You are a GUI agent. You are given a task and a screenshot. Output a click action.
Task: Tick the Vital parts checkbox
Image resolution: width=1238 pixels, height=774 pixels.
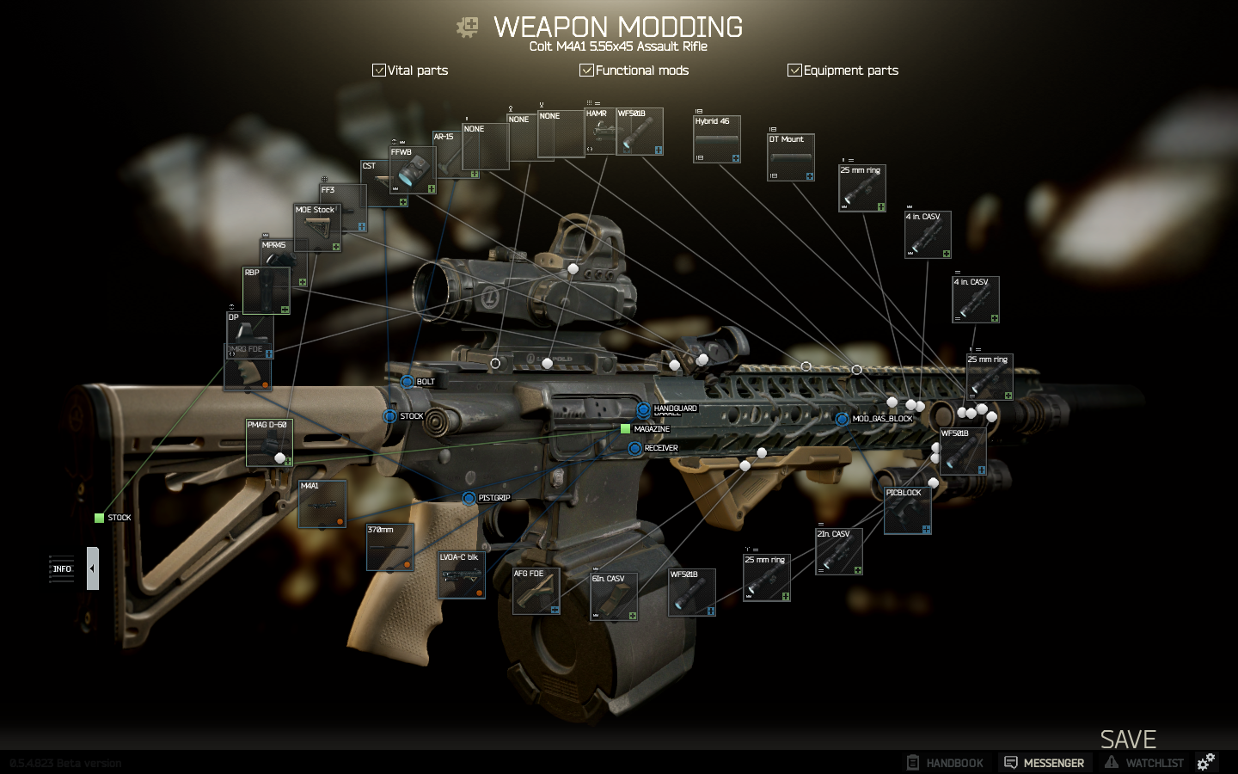point(378,71)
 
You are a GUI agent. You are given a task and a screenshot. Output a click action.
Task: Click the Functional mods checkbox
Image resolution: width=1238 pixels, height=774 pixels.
point(586,71)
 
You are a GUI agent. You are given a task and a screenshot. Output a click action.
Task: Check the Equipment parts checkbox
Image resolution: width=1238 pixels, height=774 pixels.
point(794,71)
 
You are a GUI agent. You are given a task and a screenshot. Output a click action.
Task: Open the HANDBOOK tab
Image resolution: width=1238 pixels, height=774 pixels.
point(945,763)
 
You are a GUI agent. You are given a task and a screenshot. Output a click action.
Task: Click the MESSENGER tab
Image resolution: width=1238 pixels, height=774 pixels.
point(1044,763)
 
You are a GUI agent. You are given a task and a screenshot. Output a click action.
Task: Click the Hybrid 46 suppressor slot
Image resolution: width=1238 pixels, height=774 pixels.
point(717,139)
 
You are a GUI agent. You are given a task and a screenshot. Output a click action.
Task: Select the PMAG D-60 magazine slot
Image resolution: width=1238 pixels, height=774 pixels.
point(269,443)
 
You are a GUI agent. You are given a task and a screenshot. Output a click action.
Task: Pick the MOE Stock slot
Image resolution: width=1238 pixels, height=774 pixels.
point(317,228)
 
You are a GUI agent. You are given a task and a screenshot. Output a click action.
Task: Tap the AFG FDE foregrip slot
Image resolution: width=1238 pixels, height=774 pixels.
point(536,591)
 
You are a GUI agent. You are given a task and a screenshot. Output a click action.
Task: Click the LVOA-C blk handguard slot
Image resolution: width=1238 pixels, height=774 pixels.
point(462,574)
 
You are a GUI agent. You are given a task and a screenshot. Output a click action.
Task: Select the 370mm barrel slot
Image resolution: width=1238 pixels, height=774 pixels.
point(389,547)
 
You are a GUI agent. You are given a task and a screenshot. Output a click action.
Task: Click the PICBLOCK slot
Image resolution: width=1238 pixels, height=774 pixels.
point(907,511)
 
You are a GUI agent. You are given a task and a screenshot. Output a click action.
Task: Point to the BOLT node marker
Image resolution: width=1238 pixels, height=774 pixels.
point(407,381)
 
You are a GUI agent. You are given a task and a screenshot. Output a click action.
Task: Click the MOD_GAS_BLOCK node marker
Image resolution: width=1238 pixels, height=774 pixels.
point(842,419)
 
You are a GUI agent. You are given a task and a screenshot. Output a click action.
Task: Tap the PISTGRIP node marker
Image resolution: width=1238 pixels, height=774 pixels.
point(469,498)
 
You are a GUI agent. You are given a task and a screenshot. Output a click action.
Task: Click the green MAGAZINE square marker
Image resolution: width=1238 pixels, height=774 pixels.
point(626,428)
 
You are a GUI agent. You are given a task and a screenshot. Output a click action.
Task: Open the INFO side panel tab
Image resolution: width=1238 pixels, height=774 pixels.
point(62,568)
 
